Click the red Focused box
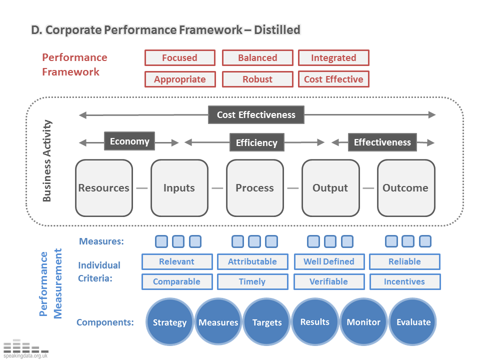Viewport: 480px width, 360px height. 180,58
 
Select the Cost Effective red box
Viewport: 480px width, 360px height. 333,79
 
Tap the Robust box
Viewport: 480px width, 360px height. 257,79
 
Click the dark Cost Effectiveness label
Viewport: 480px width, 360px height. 256,115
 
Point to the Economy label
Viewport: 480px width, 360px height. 129,141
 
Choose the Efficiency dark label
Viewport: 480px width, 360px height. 256,143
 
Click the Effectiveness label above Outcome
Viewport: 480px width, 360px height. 382,142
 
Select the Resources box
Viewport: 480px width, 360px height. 104,188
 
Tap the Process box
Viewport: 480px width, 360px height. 255,188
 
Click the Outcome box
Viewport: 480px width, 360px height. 405,188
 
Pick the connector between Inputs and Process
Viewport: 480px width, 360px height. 217,188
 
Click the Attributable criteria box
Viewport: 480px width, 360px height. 252,261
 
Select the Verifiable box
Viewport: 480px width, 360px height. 328,281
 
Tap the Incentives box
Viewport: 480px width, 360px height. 404,281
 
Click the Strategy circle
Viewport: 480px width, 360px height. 169,322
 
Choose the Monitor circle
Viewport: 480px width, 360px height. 363,322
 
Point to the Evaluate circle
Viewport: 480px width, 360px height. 413,322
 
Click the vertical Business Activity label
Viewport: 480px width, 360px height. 47,160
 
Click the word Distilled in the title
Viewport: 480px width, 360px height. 277,30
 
